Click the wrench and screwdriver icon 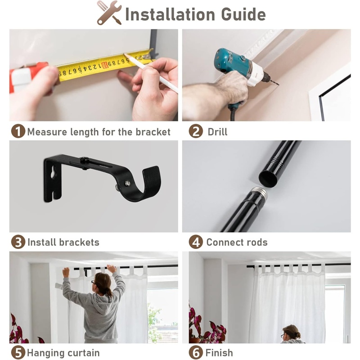[109, 13]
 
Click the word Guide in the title [243, 14]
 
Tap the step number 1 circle [18, 131]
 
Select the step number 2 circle [196, 131]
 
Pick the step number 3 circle [18, 242]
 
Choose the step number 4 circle [196, 242]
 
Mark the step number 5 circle [18, 353]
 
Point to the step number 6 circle [196, 353]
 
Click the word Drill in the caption [217, 132]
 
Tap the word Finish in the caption [219, 353]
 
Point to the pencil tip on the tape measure [125, 54]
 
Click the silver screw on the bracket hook [127, 183]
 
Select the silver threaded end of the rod [259, 193]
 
